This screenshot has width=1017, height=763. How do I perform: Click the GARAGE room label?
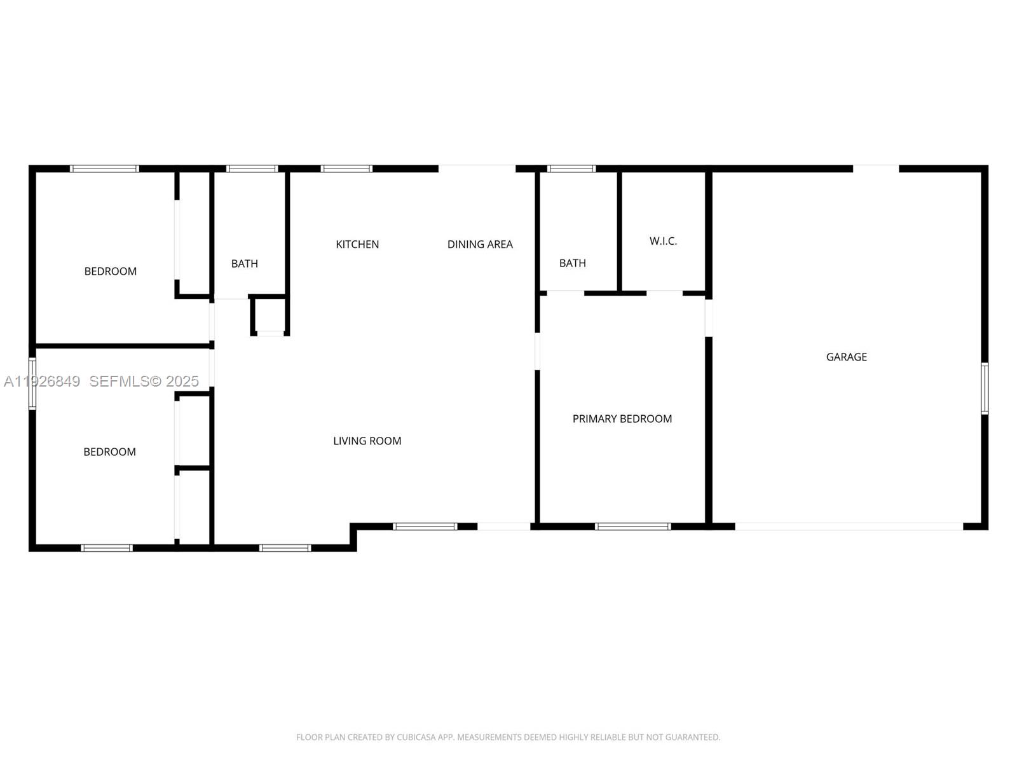click(846, 357)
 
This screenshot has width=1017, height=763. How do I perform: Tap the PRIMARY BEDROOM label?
click(622, 419)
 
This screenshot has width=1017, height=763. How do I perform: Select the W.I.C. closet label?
click(663, 241)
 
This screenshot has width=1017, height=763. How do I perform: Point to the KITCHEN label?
click(357, 244)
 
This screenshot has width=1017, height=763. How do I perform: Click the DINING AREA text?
click(480, 244)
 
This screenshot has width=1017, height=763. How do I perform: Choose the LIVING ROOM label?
click(367, 441)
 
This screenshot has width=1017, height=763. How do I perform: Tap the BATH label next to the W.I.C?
click(572, 263)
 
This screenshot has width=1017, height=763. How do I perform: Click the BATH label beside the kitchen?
click(244, 264)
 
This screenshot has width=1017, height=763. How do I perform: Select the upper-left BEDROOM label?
click(110, 272)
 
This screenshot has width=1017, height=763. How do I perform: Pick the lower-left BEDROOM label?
click(109, 452)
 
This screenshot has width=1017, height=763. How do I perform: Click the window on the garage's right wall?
click(984, 388)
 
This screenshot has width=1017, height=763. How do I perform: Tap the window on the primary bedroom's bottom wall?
click(632, 526)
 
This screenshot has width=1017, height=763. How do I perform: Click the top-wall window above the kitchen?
click(346, 168)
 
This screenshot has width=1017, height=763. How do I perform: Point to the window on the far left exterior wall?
click(32, 383)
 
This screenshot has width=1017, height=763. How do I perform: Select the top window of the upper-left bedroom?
click(104, 168)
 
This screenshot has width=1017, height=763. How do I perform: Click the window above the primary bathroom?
click(571, 168)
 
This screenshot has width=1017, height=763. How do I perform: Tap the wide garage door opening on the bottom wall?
click(849, 526)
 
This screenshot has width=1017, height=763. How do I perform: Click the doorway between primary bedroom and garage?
click(708, 317)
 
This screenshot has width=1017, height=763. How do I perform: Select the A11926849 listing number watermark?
click(42, 381)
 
